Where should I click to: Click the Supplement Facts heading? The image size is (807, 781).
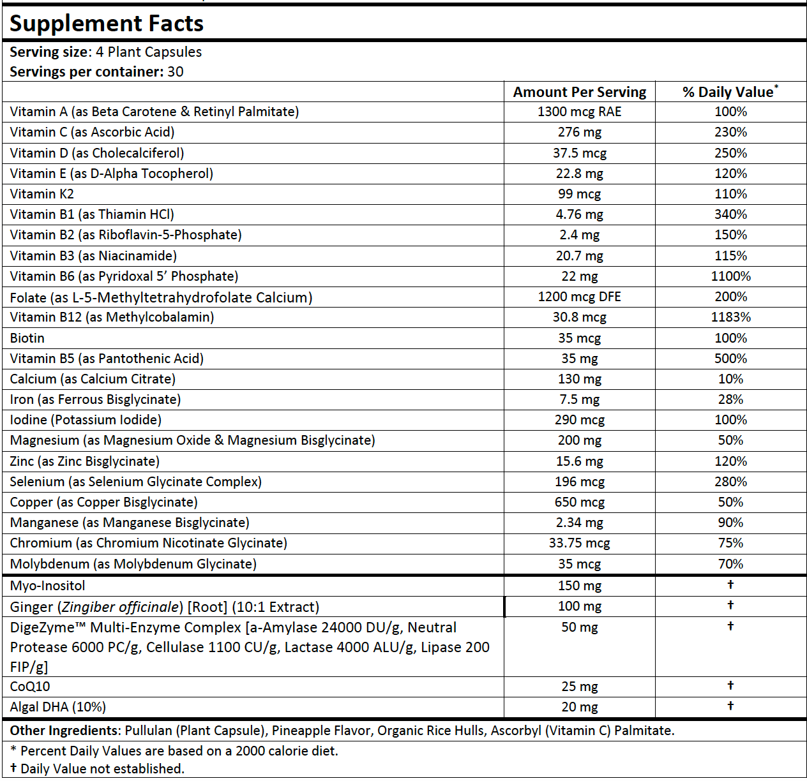tap(107, 24)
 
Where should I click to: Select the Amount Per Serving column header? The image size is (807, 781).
tap(579, 92)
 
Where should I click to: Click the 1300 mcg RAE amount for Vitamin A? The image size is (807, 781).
tap(579, 112)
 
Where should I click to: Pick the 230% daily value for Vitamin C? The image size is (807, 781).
tap(730, 132)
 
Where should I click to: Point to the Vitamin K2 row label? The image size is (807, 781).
tap(41, 194)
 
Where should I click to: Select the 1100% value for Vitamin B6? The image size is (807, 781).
tap(730, 276)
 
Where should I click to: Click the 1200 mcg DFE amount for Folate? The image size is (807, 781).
tap(579, 297)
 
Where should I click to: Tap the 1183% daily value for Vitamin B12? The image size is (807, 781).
tap(730, 317)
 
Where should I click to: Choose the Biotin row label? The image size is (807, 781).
tap(27, 338)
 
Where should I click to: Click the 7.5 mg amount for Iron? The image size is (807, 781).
tap(579, 399)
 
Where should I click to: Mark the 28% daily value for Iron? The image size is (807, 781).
tap(730, 399)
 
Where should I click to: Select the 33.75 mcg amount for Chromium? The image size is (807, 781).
tap(579, 543)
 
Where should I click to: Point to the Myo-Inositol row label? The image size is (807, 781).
tap(47, 586)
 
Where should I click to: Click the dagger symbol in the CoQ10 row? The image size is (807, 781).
tap(730, 685)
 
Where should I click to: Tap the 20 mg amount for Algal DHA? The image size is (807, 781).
tap(579, 707)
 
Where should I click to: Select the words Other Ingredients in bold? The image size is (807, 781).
tap(64, 731)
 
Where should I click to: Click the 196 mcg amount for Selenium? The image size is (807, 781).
tap(579, 482)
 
